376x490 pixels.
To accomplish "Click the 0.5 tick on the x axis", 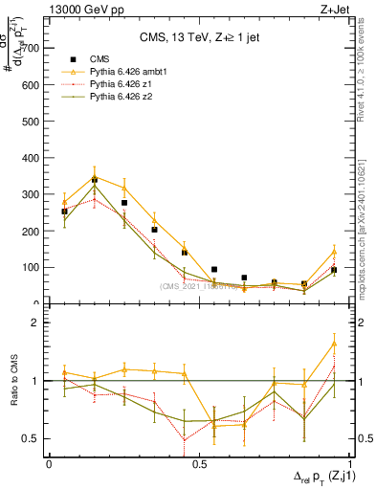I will pos(199,463).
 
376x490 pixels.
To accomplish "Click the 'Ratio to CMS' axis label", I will pos(13,381).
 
